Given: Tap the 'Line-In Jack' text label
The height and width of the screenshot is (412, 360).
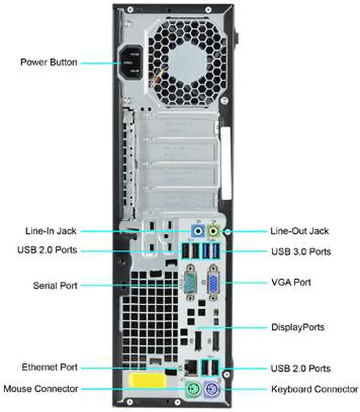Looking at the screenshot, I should click(51, 230).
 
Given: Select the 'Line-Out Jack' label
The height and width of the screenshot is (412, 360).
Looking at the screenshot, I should click(300, 230).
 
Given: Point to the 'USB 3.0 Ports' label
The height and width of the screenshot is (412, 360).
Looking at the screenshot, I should click(300, 251).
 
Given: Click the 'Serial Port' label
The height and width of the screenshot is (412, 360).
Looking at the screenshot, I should click(55, 286).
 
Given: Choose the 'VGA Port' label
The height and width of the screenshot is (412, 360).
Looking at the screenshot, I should click(290, 282).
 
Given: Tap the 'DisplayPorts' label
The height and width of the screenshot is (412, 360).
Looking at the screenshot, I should click(298, 327).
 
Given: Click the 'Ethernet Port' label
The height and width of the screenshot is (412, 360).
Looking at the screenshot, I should click(49, 368).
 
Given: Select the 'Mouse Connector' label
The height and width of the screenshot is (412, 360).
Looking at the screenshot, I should click(40, 389).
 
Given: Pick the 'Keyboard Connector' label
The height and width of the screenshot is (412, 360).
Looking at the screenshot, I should click(314, 389).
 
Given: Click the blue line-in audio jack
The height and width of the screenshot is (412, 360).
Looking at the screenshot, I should click(197, 231).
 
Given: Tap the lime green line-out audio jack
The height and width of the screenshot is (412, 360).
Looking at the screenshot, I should click(213, 231).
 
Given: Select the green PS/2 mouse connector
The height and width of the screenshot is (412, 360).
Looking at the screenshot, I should click(193, 389).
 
